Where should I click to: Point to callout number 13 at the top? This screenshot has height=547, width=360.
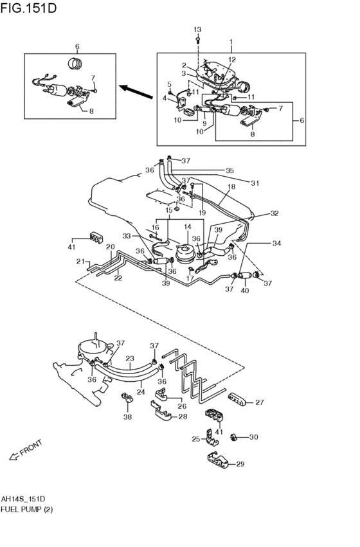coord(197,30)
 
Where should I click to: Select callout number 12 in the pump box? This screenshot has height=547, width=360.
coord(231,60)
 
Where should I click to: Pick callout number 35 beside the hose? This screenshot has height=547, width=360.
coord(230,171)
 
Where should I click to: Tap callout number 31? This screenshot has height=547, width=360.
coord(255,183)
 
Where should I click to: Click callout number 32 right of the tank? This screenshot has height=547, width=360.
coord(274,213)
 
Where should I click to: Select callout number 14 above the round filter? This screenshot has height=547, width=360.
coord(188,227)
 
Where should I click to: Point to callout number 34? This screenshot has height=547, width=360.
coord(276,244)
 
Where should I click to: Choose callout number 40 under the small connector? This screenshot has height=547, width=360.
coord(244,289)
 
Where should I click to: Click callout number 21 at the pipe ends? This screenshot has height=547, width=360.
coord(80,262)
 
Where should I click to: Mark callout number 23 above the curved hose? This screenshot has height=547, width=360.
coord(129,359)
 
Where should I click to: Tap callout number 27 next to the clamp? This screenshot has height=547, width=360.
coord(260,403)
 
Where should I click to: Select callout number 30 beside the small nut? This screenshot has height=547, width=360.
coord(253,437)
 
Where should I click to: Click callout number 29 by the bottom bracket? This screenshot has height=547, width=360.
coord(240,464)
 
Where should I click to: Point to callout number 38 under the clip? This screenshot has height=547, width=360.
coord(127,417)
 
